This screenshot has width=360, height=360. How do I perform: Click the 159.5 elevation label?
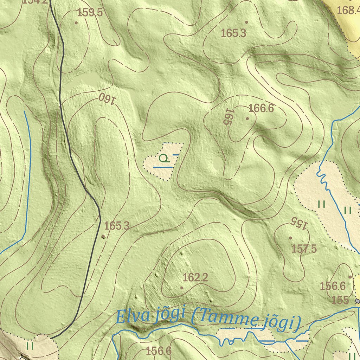(90, 13)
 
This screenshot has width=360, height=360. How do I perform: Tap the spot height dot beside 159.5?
(76, 23)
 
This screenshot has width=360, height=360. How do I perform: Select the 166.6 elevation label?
(261, 108)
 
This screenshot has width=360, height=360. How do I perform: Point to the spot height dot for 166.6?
(247, 118)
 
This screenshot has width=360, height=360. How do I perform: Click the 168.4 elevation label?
(348, 10)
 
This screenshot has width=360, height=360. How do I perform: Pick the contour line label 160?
(107, 98)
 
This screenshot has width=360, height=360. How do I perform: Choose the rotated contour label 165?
(229, 117)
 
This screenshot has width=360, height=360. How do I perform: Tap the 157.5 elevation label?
(304, 249)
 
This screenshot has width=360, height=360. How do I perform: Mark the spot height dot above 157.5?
(290, 238)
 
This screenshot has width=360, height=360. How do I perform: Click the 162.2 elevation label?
(195, 278)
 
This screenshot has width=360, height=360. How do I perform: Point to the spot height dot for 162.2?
(182, 288)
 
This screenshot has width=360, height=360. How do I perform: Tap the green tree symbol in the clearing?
(163, 158)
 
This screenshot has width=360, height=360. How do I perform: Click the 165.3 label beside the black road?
(117, 226)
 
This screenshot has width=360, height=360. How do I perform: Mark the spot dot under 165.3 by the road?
(103, 236)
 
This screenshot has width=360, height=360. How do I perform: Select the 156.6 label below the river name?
(158, 351)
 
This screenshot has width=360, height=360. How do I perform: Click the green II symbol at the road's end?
(30, 346)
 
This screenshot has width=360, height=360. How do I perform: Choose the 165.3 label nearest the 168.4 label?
(233, 33)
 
